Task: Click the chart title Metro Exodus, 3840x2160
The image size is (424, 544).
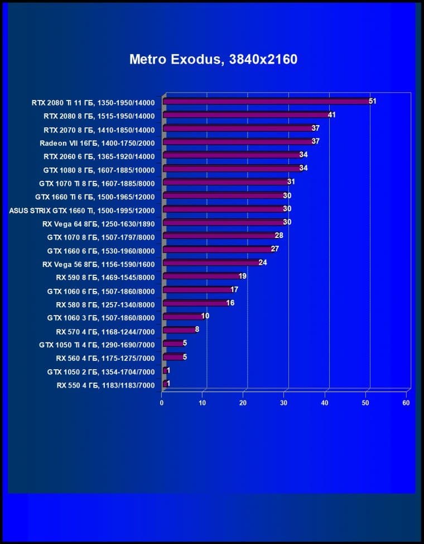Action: pos(213,59)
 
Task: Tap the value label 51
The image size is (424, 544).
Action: pos(373,101)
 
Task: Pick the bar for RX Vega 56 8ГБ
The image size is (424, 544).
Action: pos(211,263)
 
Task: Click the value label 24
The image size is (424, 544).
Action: pos(263,263)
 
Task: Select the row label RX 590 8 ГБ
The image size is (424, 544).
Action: pos(105,277)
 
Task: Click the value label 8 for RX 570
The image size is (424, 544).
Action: pos(197,330)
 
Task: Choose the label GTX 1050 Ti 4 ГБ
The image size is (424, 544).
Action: pos(97,345)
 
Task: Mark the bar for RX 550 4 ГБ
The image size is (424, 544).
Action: pos(165,384)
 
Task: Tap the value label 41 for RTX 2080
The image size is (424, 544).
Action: pos(332,114)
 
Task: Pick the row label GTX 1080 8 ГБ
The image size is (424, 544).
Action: pos(99,169)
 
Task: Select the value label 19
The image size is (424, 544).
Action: pos(243,276)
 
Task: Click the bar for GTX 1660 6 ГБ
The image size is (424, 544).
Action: pos(218,249)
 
